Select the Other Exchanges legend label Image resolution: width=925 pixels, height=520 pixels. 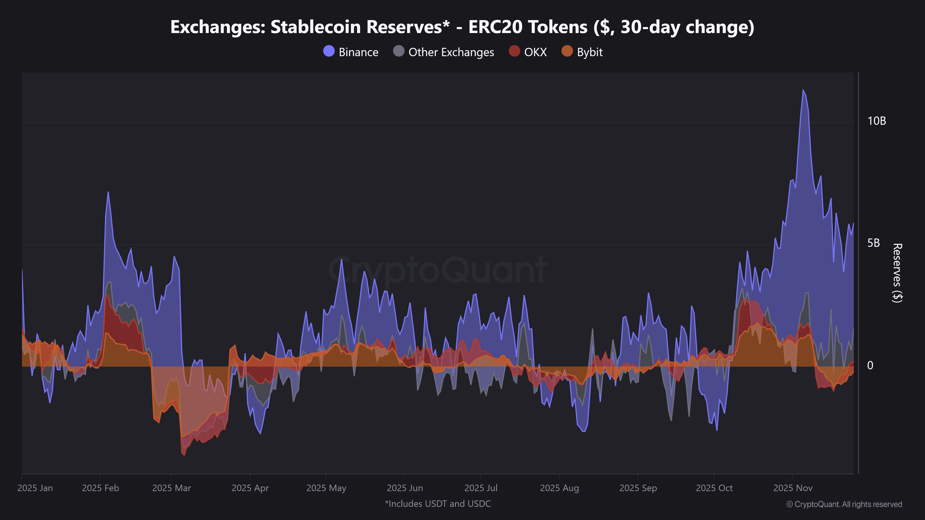point(451,52)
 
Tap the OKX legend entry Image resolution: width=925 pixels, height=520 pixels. point(535,52)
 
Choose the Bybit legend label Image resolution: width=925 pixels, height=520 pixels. point(590,52)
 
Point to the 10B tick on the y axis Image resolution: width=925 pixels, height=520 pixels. point(876,121)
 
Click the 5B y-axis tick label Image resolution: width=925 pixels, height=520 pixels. point(873,243)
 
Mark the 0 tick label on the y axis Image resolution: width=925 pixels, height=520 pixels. point(870,365)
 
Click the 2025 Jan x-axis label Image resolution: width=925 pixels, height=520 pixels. point(35,488)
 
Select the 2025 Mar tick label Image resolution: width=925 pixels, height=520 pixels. point(172,488)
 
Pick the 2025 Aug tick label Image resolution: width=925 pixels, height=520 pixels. point(559,488)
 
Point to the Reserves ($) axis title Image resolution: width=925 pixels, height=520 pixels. point(897,273)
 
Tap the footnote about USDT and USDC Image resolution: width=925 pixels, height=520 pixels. point(438,504)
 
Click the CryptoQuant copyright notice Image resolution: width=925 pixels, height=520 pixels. point(844,504)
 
